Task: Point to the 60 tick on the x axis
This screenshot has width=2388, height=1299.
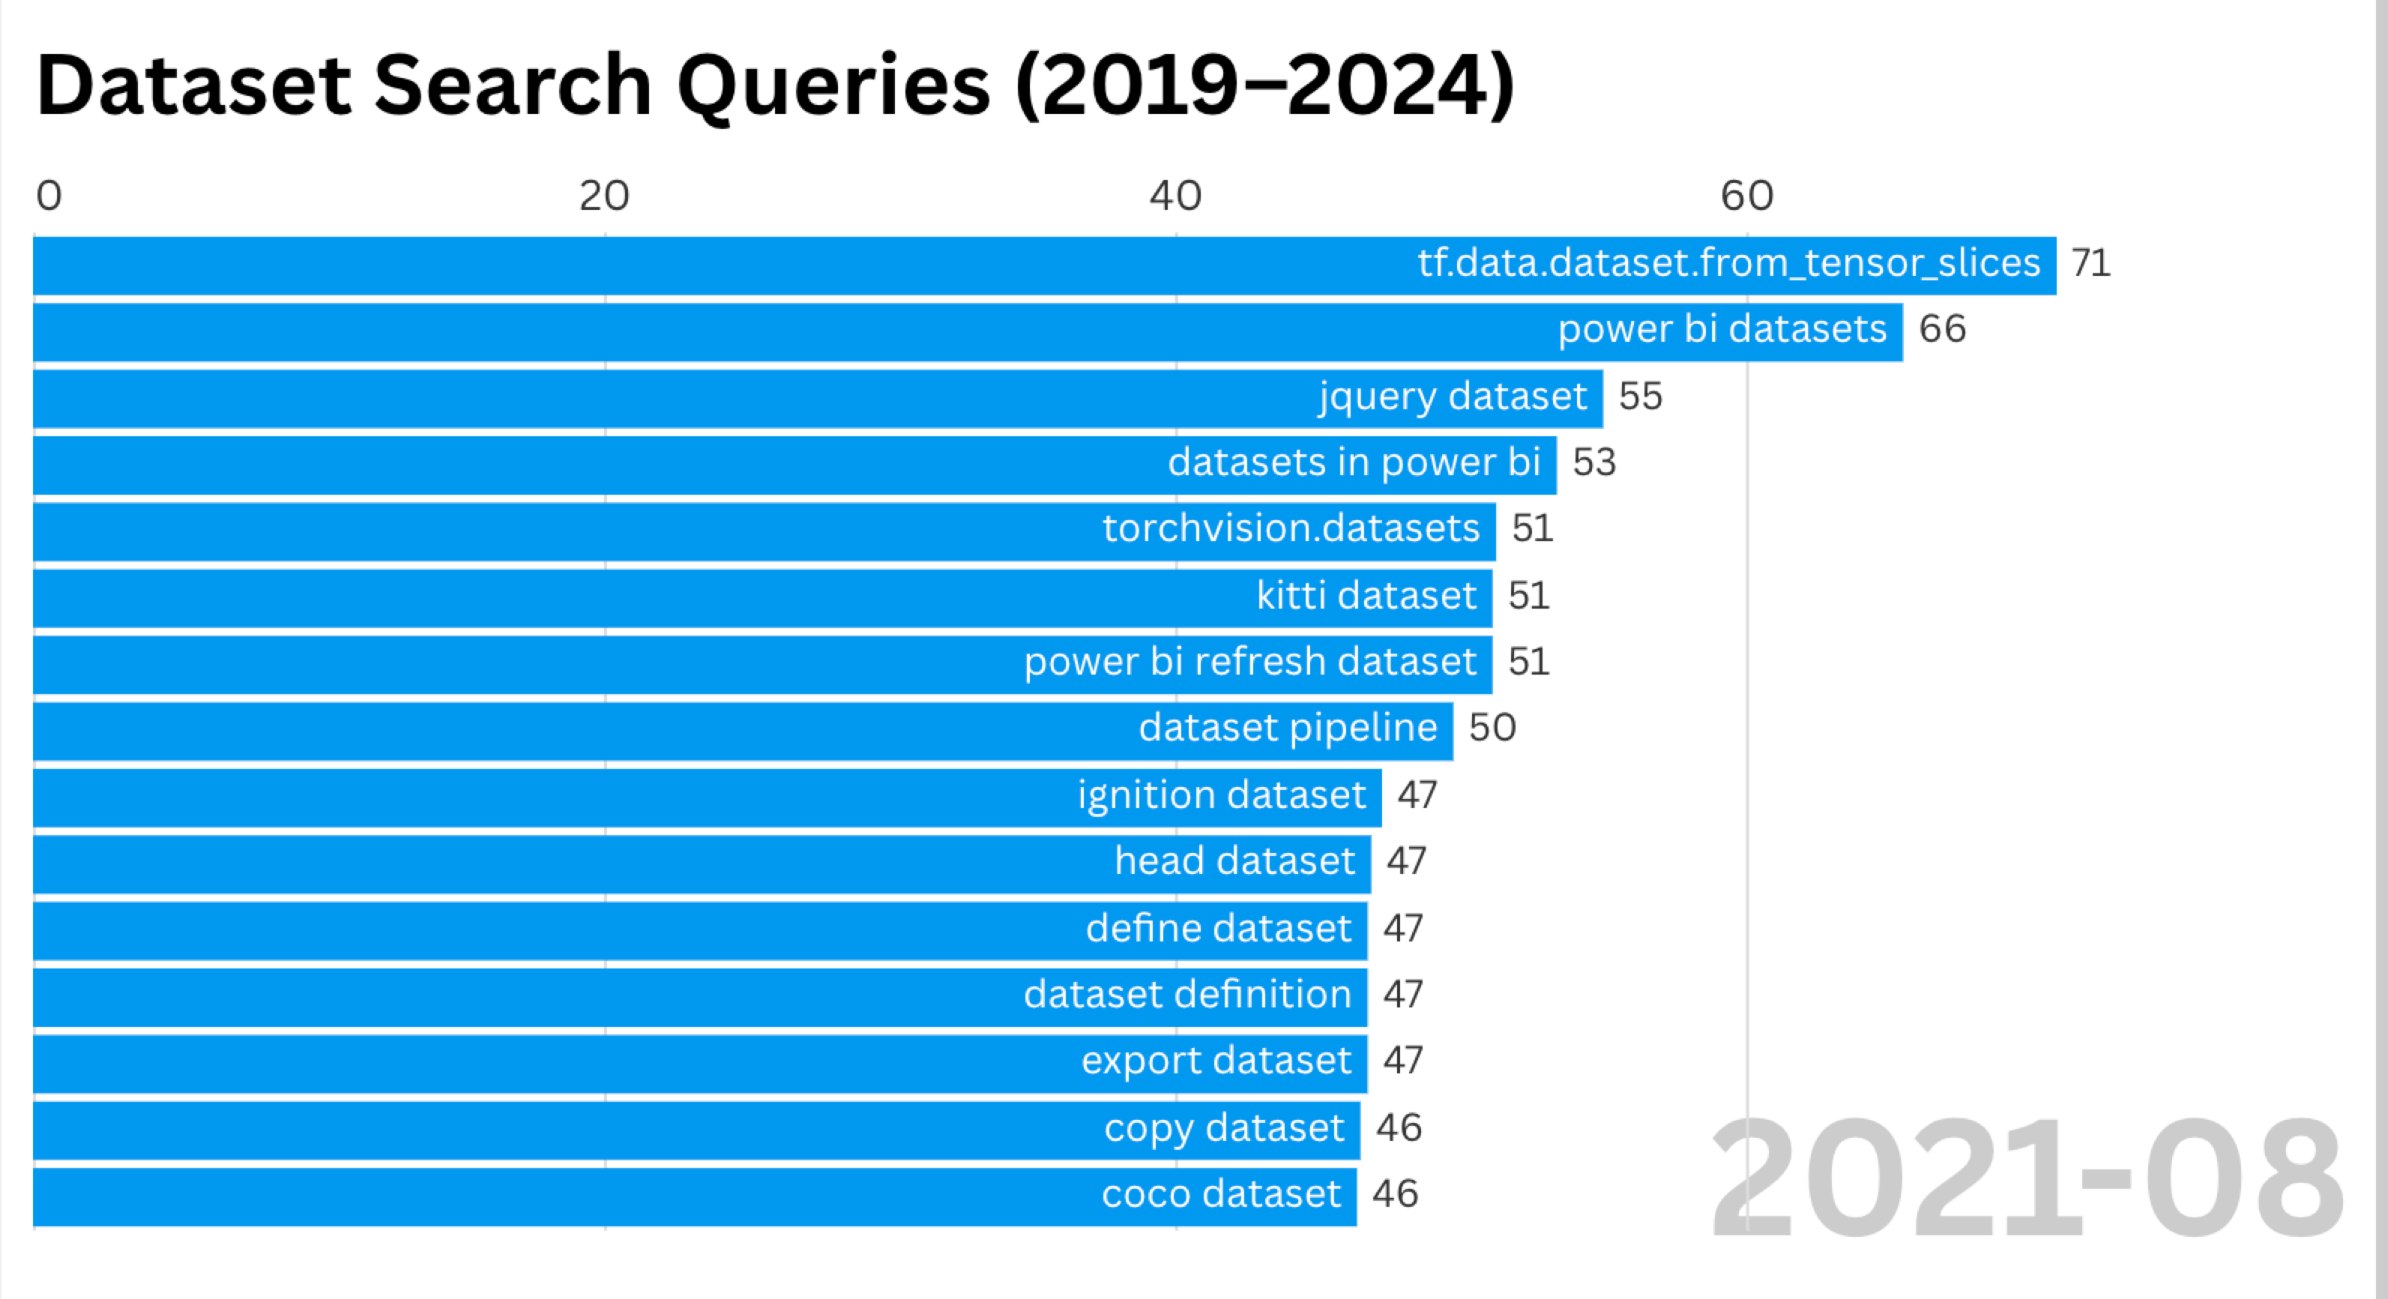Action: click(x=1746, y=196)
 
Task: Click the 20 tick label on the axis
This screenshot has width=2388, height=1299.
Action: click(x=604, y=196)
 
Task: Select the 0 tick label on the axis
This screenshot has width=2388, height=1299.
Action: click(x=49, y=196)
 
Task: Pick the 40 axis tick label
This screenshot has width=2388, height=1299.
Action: click(x=1175, y=196)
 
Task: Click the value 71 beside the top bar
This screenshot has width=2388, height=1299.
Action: click(x=2090, y=263)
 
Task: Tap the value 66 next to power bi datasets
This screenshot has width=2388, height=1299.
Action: click(x=1942, y=329)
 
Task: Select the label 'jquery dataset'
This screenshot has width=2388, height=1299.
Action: click(x=1453, y=397)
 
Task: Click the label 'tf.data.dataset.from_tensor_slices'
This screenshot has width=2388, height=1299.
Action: click(x=1729, y=263)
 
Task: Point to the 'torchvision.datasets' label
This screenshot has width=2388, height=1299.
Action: click(x=1291, y=528)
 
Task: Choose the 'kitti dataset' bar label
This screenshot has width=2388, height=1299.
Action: click(x=1366, y=595)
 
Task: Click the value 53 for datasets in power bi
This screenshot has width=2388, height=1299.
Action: click(x=1593, y=462)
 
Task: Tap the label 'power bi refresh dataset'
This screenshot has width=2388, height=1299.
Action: click(x=1249, y=662)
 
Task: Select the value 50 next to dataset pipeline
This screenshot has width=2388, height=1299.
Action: click(x=1492, y=728)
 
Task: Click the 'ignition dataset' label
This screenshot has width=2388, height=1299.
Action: click(x=1221, y=795)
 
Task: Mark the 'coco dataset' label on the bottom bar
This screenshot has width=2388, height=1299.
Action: click(x=1221, y=1194)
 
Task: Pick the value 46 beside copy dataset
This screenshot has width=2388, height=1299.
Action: click(x=1398, y=1128)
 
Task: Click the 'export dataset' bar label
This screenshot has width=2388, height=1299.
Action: click(x=1216, y=1061)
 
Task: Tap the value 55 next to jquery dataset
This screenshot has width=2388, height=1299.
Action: click(x=1640, y=397)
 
